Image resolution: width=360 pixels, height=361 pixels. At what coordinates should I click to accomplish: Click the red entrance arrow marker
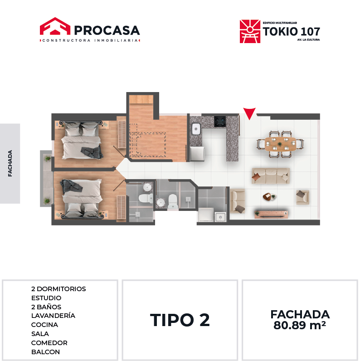(249, 113)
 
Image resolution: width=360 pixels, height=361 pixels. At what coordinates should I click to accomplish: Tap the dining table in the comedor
(280, 144)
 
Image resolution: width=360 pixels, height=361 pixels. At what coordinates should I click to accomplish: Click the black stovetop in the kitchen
(220, 122)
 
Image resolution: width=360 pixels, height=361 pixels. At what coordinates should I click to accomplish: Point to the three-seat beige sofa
(271, 176)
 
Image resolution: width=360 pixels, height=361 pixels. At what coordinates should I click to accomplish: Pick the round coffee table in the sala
(268, 197)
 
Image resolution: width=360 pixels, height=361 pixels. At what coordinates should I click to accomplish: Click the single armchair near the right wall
(302, 197)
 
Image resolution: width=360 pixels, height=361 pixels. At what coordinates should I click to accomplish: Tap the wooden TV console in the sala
(271, 214)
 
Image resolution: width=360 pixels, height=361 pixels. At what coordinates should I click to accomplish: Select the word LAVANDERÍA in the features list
(53, 315)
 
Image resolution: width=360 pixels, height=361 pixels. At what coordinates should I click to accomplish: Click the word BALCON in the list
(46, 352)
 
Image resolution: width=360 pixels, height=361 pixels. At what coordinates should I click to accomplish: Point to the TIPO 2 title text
(180, 320)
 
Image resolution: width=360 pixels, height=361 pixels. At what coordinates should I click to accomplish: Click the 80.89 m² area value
(300, 325)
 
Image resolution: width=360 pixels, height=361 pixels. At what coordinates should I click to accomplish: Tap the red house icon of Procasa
(55, 26)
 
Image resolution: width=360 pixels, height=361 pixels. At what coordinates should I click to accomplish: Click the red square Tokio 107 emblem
(250, 31)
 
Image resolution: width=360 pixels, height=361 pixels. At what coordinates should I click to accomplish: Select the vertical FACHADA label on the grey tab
(10, 163)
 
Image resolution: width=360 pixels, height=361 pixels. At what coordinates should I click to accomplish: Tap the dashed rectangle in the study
(148, 144)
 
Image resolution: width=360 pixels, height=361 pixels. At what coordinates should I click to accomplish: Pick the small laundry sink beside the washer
(220, 217)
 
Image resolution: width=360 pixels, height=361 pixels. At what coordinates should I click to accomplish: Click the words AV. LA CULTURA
(308, 40)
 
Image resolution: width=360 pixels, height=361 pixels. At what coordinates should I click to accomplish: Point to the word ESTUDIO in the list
(46, 298)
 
